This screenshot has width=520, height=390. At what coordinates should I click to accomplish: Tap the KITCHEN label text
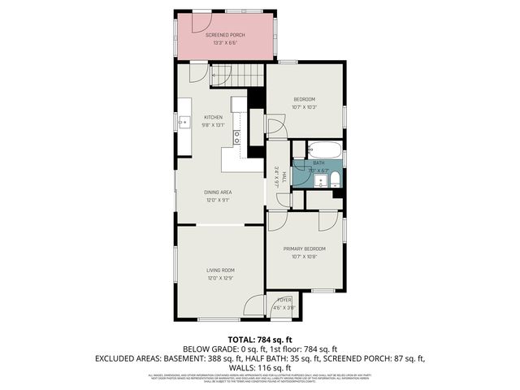(213, 117)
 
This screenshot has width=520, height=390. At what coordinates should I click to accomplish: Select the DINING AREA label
(218, 192)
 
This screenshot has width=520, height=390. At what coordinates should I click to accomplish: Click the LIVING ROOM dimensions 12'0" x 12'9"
(219, 279)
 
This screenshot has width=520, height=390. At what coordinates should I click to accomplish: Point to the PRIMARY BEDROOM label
(304, 248)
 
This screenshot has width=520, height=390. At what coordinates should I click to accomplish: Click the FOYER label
(284, 301)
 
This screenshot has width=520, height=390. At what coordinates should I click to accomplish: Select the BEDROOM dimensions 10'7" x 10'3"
(304, 107)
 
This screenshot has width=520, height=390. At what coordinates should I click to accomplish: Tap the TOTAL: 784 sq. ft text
(259, 340)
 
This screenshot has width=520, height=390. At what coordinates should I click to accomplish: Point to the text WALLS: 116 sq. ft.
(259, 367)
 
